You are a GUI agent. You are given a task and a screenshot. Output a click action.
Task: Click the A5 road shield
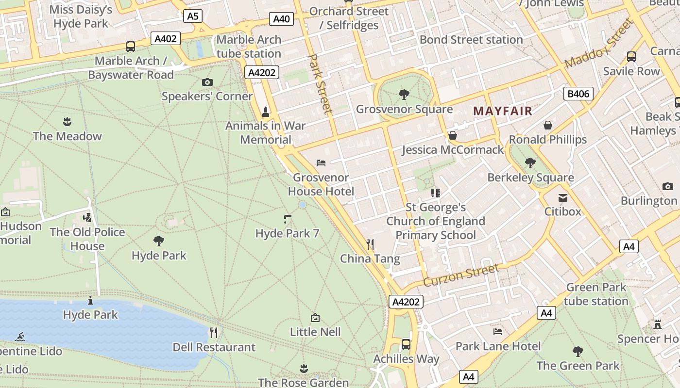[193, 16]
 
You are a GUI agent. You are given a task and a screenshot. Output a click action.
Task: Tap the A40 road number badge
[281, 19]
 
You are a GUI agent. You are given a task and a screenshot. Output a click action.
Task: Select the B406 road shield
[578, 94]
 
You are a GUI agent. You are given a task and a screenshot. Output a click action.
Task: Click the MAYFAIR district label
[503, 111]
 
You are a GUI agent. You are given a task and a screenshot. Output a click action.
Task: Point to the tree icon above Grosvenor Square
[403, 95]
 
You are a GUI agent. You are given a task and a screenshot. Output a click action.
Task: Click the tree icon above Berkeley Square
[530, 163]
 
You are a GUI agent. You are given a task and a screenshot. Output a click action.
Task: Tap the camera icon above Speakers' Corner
[207, 82]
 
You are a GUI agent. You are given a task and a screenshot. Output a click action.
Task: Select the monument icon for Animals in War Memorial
[265, 112]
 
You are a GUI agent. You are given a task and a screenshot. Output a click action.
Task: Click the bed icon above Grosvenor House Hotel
[321, 163]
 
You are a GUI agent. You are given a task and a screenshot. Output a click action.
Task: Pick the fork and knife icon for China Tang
[370, 244]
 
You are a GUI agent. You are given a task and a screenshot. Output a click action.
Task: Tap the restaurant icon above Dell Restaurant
[214, 332]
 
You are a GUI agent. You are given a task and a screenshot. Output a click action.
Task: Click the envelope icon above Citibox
[562, 197]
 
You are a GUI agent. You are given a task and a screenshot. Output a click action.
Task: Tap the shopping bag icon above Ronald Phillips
[548, 125]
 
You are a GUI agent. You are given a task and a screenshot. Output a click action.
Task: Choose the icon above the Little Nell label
[315, 318]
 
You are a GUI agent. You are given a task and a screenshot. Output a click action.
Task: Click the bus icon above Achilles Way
[406, 344]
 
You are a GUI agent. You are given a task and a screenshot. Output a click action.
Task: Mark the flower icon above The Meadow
[67, 121]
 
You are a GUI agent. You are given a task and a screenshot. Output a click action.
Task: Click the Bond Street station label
[471, 40]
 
